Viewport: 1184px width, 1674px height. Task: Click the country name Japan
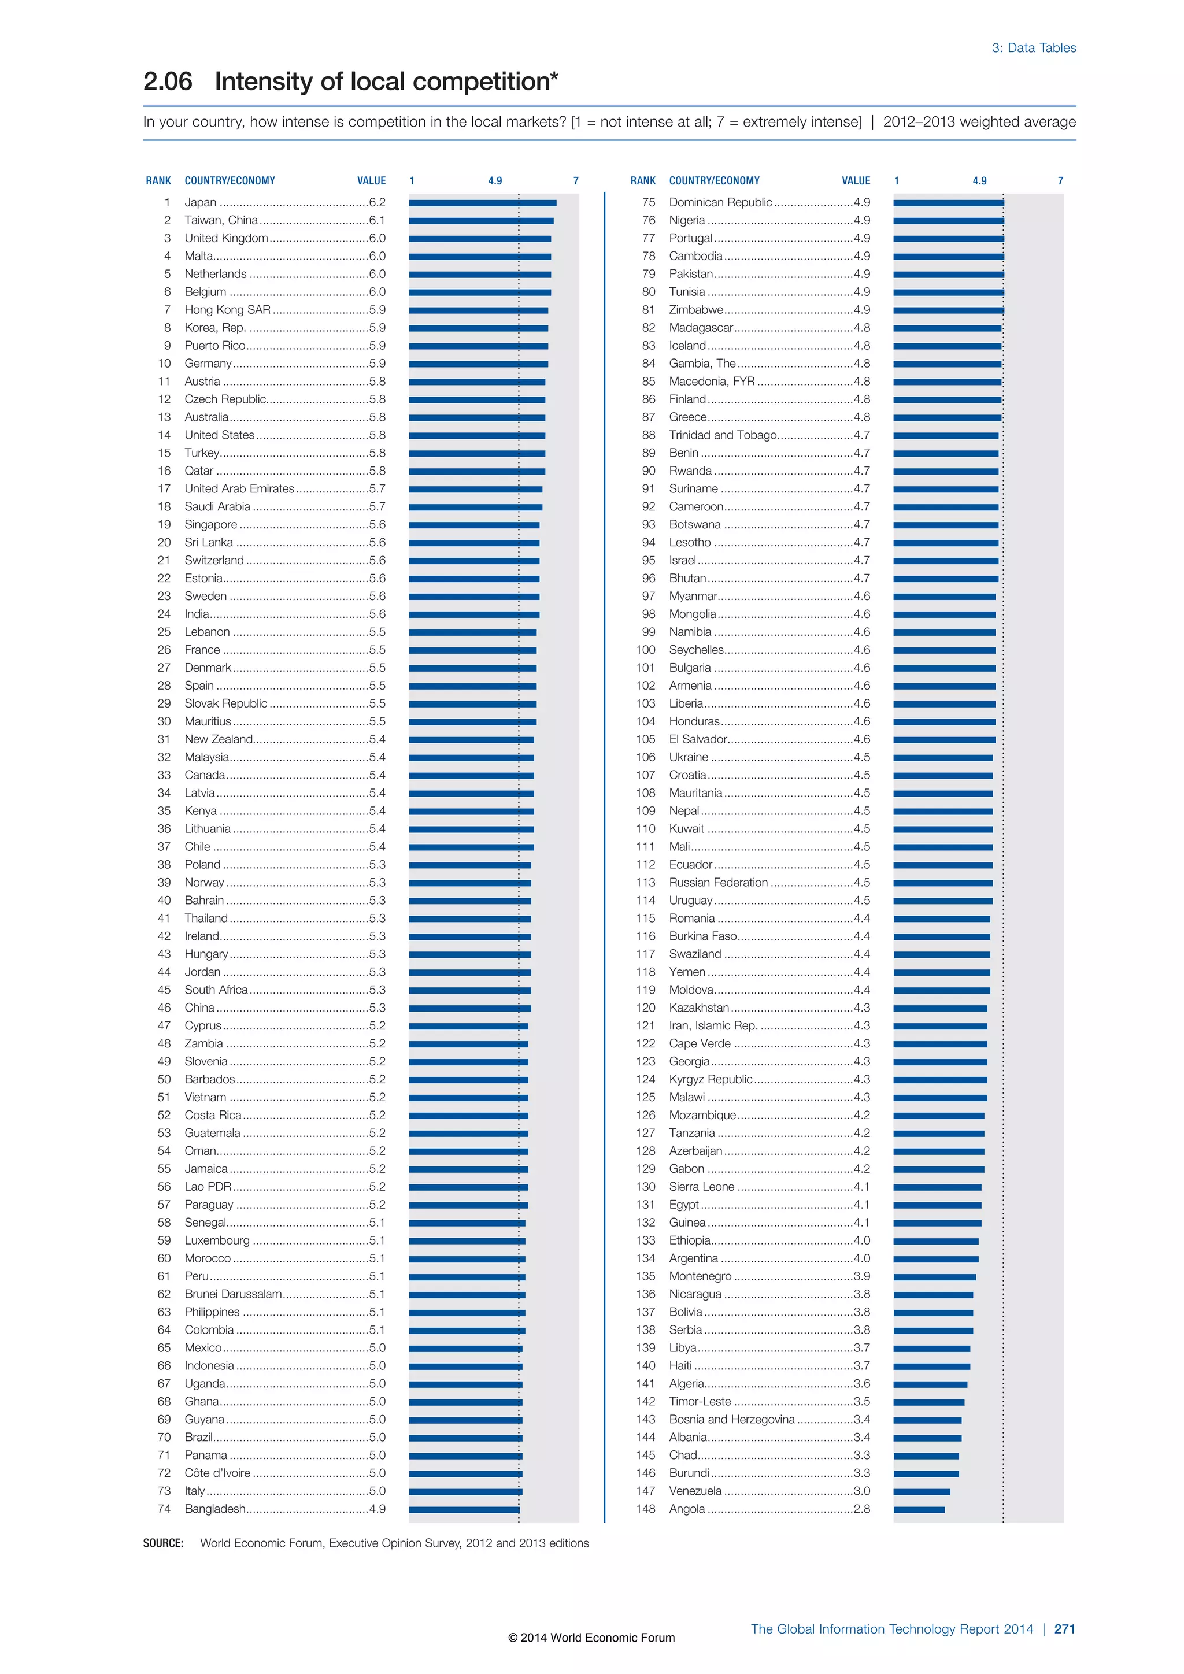tap(201, 203)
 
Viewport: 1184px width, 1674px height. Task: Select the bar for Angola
tap(919, 1509)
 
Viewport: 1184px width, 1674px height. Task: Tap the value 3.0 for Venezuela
tap(862, 1491)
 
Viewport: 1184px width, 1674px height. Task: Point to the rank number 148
tap(645, 1509)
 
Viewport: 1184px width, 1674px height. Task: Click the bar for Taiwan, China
tap(481, 221)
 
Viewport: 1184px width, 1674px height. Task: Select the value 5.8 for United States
tap(377, 435)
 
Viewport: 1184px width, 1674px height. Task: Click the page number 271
tap(1064, 1629)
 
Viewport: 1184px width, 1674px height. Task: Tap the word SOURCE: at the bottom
tap(163, 1543)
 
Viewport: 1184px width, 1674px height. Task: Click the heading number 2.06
tap(168, 82)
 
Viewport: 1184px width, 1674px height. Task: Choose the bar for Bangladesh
tap(464, 1509)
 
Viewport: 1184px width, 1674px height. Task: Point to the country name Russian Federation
tap(718, 883)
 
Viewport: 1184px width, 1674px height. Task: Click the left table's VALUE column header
tap(371, 181)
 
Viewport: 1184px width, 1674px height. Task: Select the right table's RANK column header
tap(643, 181)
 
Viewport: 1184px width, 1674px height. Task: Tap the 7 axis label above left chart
tap(576, 181)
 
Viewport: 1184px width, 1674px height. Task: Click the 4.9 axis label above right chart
tap(979, 181)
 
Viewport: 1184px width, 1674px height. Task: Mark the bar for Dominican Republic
tap(948, 203)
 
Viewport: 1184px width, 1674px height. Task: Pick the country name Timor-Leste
tap(700, 1401)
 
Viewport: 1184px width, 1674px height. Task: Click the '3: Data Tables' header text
tap(1033, 48)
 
